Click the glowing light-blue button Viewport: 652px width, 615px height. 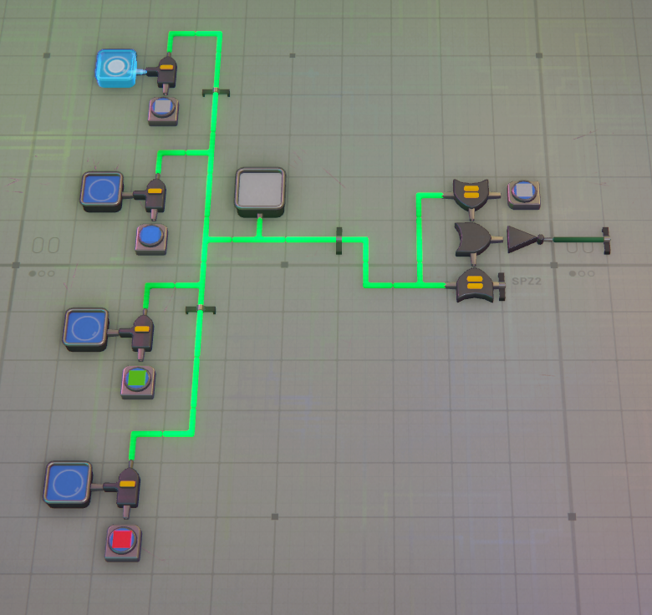pyautogui.click(x=116, y=68)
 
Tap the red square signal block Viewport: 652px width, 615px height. pyautogui.click(x=123, y=540)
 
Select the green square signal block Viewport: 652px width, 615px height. pyautogui.click(x=138, y=379)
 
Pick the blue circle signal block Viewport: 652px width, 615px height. pyautogui.click(x=151, y=236)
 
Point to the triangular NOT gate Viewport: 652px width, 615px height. pyautogui.click(x=524, y=239)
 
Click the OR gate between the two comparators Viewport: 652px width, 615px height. pyautogui.click(x=473, y=239)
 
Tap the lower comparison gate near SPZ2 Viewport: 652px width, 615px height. pyautogui.click(x=475, y=284)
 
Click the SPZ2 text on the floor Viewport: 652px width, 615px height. pyautogui.click(x=527, y=282)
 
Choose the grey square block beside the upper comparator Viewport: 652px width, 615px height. pyautogui.click(x=524, y=192)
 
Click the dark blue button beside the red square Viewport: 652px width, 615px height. pyautogui.click(x=67, y=483)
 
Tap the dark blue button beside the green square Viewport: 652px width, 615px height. pyautogui.click(x=85, y=327)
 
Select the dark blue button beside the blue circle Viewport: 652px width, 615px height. pyautogui.click(x=102, y=189)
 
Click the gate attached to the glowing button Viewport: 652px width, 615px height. pyautogui.click(x=166, y=70)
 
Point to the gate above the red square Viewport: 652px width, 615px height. pyautogui.click(x=128, y=485)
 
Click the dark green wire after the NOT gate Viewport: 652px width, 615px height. pyautogui.click(x=576, y=240)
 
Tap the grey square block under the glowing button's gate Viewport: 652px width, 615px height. pyautogui.click(x=163, y=108)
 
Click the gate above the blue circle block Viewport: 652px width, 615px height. pyautogui.click(x=155, y=194)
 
